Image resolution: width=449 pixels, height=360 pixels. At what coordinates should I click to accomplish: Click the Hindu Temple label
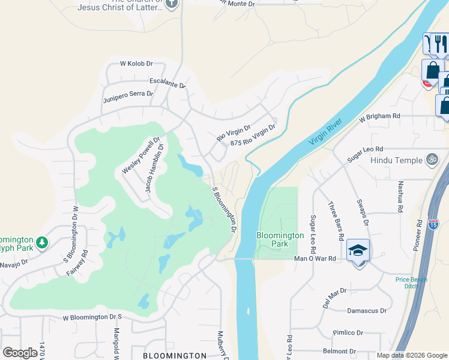(396, 160)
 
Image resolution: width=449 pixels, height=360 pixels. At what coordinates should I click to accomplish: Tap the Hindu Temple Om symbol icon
(431, 160)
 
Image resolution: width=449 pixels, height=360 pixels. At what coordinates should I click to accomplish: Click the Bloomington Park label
(280, 239)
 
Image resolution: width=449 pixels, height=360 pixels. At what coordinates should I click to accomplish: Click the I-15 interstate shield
(433, 224)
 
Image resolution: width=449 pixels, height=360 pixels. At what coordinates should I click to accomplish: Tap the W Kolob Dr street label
(136, 64)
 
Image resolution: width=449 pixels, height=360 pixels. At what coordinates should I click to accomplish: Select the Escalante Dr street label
(167, 84)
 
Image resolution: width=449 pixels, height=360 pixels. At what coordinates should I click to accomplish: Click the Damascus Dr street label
(367, 311)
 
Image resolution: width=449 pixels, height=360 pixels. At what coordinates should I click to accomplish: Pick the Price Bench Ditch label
(411, 283)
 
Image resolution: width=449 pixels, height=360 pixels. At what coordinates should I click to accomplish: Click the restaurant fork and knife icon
(440, 43)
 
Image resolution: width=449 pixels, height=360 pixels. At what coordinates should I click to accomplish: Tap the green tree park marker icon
(41, 242)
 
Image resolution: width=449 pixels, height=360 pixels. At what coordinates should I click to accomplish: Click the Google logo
(20, 353)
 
